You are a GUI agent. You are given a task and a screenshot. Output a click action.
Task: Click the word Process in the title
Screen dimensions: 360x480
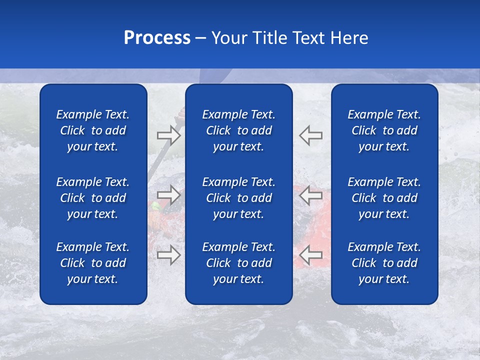(157, 38)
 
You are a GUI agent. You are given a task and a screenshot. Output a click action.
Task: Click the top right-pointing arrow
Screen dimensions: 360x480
(168, 135)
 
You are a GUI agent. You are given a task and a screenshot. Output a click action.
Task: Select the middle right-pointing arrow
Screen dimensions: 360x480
(168, 195)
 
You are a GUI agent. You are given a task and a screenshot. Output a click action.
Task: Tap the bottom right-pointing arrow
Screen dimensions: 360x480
(168, 255)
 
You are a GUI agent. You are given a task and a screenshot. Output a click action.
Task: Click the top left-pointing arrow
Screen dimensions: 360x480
(311, 135)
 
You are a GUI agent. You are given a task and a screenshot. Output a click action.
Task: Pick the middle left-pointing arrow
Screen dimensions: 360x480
(311, 195)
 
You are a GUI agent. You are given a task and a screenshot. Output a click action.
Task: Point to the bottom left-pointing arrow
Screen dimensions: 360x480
(311, 255)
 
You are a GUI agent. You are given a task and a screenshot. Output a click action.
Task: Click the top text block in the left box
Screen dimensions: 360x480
(93, 130)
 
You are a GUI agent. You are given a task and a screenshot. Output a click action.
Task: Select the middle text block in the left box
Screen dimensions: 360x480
(93, 198)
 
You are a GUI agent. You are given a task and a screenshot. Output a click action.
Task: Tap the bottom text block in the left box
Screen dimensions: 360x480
(93, 263)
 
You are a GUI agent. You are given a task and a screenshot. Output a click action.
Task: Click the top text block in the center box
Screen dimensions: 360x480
(238, 130)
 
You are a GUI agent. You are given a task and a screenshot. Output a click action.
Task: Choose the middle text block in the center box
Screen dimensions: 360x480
(238, 198)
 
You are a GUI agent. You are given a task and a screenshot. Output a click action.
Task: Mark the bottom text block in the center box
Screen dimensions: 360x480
(238, 263)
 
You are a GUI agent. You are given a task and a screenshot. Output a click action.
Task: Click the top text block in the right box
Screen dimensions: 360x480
(384, 130)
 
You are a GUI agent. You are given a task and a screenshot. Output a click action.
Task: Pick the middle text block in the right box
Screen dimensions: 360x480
(384, 198)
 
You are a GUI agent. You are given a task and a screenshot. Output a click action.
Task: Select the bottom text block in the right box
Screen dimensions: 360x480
(384, 263)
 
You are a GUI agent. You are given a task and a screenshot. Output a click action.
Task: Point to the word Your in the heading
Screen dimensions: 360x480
(229, 38)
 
